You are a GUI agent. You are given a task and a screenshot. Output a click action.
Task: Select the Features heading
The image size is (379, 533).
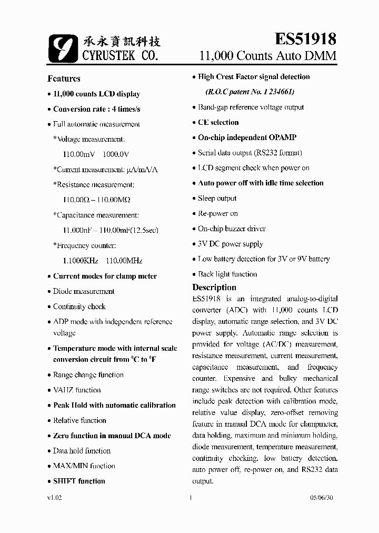(x=64, y=78)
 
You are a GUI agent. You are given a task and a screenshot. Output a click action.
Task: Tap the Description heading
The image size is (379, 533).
(x=214, y=288)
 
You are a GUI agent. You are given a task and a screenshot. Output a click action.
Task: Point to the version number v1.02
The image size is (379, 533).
(x=55, y=498)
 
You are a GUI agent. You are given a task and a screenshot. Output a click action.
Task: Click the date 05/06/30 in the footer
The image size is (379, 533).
(x=323, y=498)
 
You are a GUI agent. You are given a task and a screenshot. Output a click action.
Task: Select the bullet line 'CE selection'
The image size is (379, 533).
(x=218, y=122)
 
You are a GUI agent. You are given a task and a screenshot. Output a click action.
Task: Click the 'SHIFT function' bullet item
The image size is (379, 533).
(x=79, y=481)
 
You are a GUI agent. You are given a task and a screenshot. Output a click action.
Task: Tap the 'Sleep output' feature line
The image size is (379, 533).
(x=217, y=198)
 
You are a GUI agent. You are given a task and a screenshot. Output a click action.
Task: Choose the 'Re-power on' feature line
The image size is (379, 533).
(x=217, y=213)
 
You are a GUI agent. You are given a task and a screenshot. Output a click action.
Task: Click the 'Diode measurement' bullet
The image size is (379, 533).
(x=83, y=291)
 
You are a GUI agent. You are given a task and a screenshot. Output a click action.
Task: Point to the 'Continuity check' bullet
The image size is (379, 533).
(x=79, y=307)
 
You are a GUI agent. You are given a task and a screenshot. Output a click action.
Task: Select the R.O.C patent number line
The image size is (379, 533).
(x=250, y=92)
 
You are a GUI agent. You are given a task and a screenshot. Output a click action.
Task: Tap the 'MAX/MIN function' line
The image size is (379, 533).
(x=84, y=466)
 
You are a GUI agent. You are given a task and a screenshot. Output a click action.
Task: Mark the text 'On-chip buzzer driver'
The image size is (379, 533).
(x=232, y=229)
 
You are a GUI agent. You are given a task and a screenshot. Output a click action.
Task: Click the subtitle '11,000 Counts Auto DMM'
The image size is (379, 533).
(x=267, y=56)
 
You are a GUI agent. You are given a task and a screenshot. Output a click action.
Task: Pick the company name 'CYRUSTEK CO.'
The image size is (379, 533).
(x=120, y=55)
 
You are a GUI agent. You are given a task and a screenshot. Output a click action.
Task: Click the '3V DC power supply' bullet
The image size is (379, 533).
(x=230, y=244)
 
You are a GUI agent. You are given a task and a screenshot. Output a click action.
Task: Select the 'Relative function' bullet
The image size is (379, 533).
(x=79, y=420)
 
